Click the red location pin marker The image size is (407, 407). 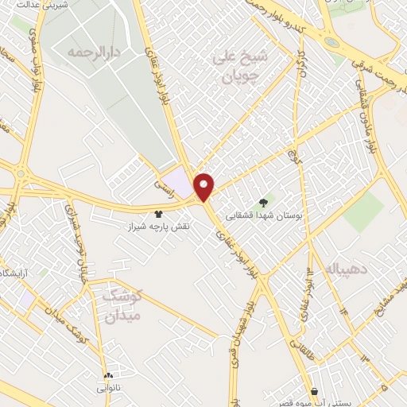[x=204, y=186]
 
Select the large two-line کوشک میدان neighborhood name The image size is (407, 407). [x=121, y=305]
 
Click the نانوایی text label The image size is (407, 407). [x=108, y=387]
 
